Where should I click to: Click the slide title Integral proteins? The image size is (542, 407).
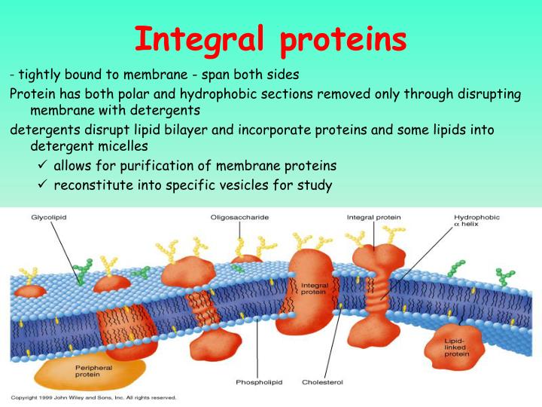[271, 39]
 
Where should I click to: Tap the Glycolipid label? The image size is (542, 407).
[49, 218]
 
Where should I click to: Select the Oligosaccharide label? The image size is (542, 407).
[239, 218]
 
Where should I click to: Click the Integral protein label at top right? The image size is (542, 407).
[373, 218]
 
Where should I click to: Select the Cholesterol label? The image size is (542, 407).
[322, 382]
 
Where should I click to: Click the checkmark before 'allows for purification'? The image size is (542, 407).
[43, 165]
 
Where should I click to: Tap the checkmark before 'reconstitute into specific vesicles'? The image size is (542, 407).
[43, 185]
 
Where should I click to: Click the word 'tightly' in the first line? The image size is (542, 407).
[39, 75]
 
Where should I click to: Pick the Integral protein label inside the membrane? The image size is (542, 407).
[314, 289]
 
